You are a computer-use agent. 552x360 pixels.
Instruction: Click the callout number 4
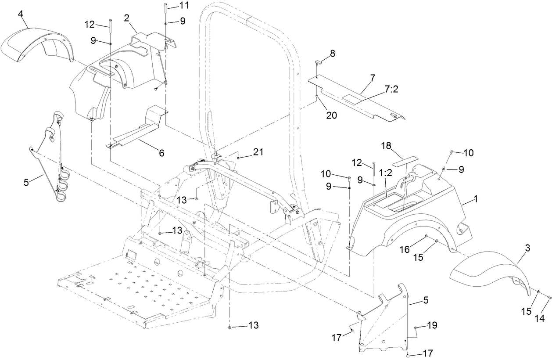click(x=21, y=14)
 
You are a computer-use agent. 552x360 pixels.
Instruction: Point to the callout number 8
click(x=333, y=54)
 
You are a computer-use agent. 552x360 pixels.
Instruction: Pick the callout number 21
click(x=258, y=152)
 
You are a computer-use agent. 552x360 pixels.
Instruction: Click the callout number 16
click(x=405, y=249)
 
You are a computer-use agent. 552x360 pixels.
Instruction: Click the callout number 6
click(x=161, y=153)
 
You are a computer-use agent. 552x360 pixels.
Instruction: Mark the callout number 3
click(x=528, y=248)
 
